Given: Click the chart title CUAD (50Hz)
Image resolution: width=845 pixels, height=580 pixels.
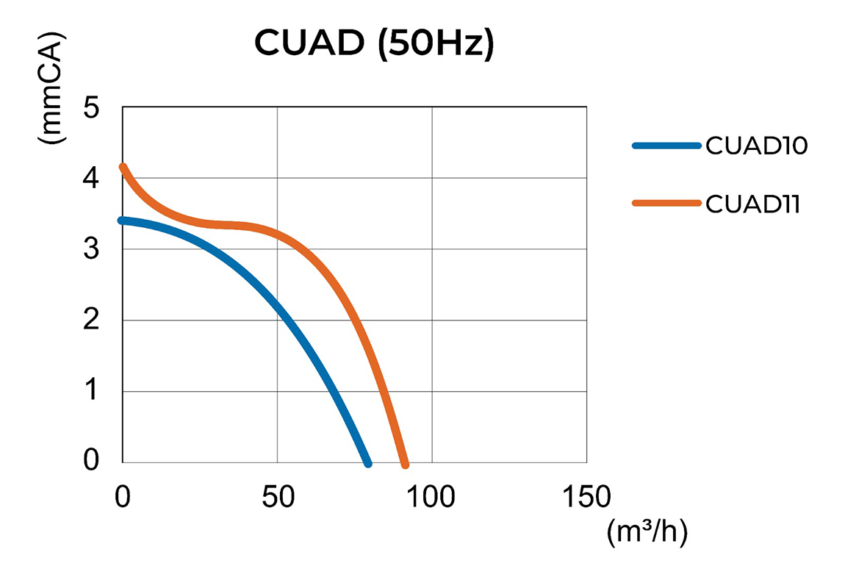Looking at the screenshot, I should click(374, 43).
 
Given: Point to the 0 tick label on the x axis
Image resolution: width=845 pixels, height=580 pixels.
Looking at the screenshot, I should click(123, 498).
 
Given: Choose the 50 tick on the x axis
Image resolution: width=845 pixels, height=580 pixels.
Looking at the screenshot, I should click(277, 498).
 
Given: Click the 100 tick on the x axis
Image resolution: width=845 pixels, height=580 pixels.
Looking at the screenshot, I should click(431, 498).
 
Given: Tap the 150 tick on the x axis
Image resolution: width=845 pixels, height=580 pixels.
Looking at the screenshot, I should click(586, 498).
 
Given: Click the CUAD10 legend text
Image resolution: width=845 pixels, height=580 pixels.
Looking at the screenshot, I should click(756, 146).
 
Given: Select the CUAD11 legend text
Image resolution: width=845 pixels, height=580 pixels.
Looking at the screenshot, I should click(752, 204).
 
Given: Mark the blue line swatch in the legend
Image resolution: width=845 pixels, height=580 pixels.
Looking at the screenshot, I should click(666, 146).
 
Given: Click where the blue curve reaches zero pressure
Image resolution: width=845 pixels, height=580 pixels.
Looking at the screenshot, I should click(368, 464).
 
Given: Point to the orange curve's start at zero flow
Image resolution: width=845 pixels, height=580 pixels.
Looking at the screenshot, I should click(123, 167).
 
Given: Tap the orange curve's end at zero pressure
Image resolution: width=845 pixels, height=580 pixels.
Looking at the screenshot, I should click(405, 464).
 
